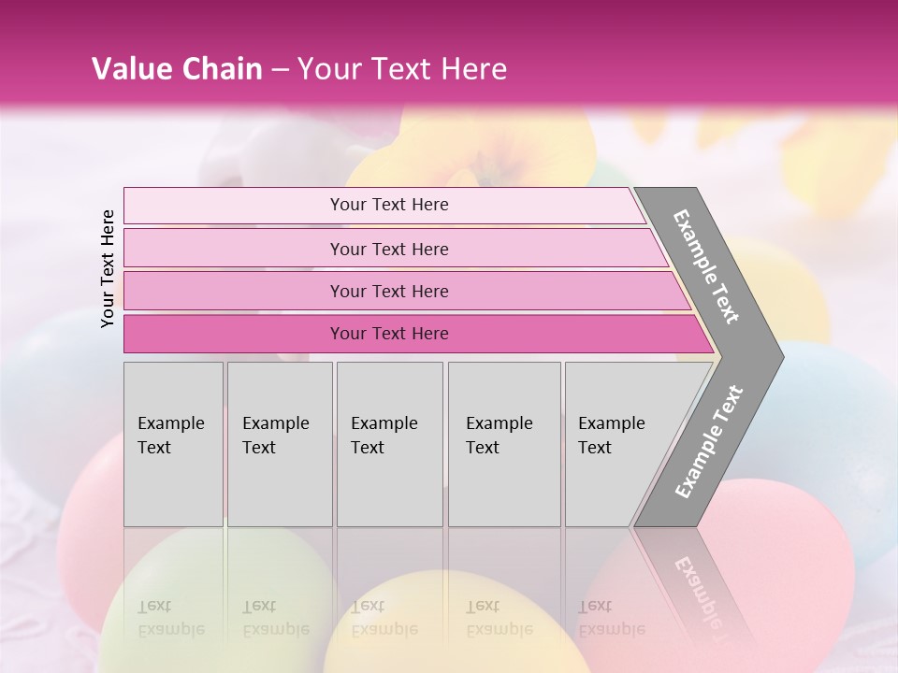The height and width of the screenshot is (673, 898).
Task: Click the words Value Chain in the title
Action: pyautogui.click(x=177, y=69)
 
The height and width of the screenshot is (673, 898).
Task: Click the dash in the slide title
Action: pyautogui.click(x=279, y=70)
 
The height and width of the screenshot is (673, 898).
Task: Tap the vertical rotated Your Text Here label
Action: pyautogui.click(x=108, y=268)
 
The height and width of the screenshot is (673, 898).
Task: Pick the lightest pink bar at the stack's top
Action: pyautogui.click(x=388, y=205)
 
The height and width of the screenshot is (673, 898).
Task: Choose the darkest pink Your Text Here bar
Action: pyautogui.click(x=388, y=334)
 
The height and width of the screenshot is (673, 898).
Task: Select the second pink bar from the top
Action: pyautogui.click(x=388, y=249)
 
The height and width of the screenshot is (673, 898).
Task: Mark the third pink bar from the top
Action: pyautogui.click(x=388, y=291)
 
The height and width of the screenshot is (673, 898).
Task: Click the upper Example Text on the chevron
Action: pyautogui.click(x=706, y=266)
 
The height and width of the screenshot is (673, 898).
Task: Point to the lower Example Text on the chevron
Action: pyautogui.click(x=709, y=442)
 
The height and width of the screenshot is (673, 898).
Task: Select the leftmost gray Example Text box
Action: pyautogui.click(x=173, y=444)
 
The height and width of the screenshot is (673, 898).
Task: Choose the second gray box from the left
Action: pyautogui.click(x=280, y=444)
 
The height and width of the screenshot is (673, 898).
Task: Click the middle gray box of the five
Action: pyautogui.click(x=389, y=444)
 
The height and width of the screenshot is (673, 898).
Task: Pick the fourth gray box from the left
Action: pyautogui.click(x=504, y=444)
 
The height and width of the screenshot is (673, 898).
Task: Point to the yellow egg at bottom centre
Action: pyautogui.click(x=449, y=626)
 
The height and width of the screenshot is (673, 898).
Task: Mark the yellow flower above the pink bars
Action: pyautogui.click(x=477, y=150)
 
